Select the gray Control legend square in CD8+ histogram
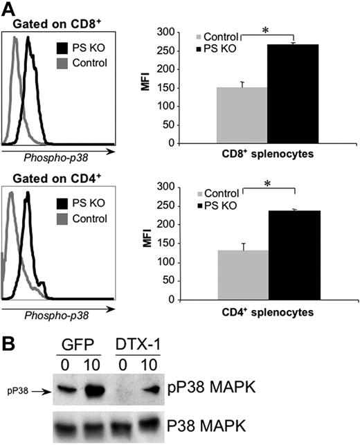pos(63,63)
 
